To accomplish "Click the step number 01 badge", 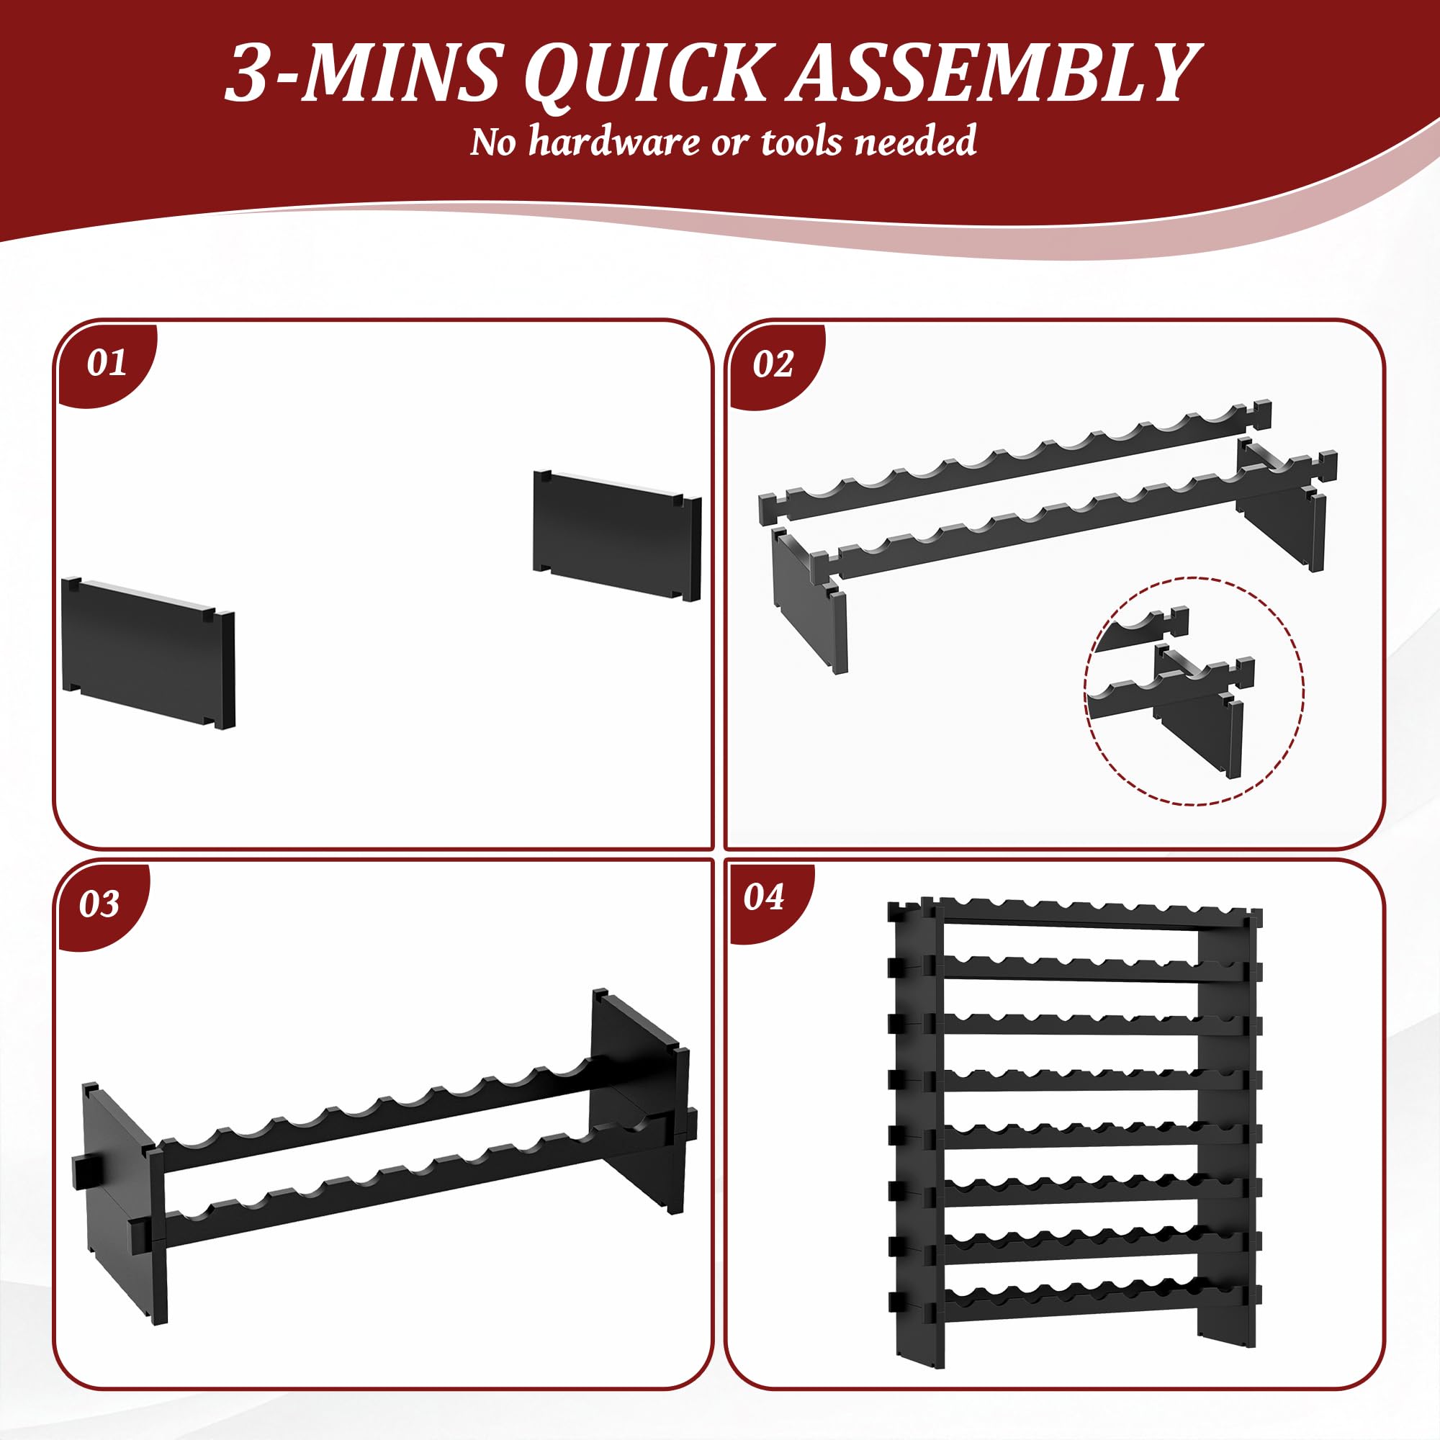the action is (x=106, y=363).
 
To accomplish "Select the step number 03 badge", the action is (x=99, y=904).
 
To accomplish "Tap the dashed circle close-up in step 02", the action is (x=1194, y=690).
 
